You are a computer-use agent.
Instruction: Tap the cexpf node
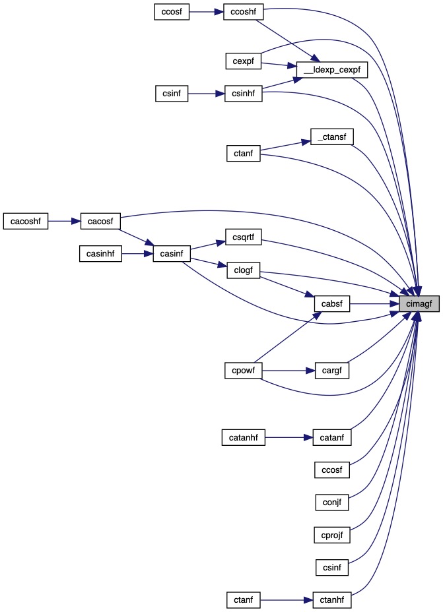pos(244,61)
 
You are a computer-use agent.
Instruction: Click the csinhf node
pos(244,94)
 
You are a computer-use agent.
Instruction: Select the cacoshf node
pos(26,221)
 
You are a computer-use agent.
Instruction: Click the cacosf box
pos(100,221)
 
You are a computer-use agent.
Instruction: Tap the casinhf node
pos(100,253)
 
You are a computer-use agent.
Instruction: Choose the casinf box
pos(172,253)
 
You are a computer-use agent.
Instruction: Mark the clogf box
pos(244,269)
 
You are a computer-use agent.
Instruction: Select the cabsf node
pos(331,304)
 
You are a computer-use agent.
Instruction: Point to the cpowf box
pos(244,371)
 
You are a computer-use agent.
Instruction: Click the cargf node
pos(331,371)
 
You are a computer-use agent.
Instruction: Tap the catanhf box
pos(243,437)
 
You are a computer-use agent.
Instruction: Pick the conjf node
pos(331,503)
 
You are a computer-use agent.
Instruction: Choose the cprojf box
pos(331,535)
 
